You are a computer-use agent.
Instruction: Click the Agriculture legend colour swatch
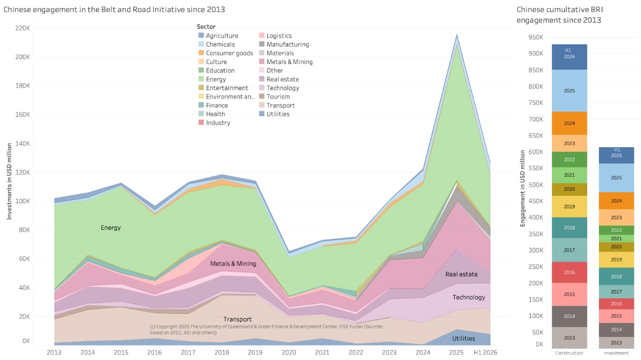point(201,36)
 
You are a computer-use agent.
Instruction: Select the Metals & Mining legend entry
point(286,62)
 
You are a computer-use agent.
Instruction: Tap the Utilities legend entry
point(274,114)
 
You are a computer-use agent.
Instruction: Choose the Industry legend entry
point(214,123)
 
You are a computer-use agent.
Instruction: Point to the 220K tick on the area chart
point(23,28)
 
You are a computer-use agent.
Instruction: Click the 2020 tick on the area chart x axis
point(288,352)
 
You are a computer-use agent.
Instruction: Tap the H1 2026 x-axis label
point(485,352)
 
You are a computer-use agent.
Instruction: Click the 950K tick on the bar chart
point(536,37)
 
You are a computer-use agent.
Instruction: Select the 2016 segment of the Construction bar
point(569,272)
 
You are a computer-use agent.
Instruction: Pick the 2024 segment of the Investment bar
point(616,201)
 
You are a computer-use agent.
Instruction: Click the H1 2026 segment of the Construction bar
point(569,57)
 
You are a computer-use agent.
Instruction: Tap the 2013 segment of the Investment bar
point(616,342)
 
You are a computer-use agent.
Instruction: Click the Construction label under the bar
point(569,353)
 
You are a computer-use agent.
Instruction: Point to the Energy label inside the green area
point(111,228)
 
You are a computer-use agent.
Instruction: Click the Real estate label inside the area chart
point(462,274)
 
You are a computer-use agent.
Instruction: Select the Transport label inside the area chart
point(237,319)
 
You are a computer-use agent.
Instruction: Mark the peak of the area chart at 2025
point(457,35)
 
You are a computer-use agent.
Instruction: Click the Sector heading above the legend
point(206,27)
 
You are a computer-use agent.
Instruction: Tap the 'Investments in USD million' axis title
point(9,181)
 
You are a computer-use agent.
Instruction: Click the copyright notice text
point(267,329)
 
